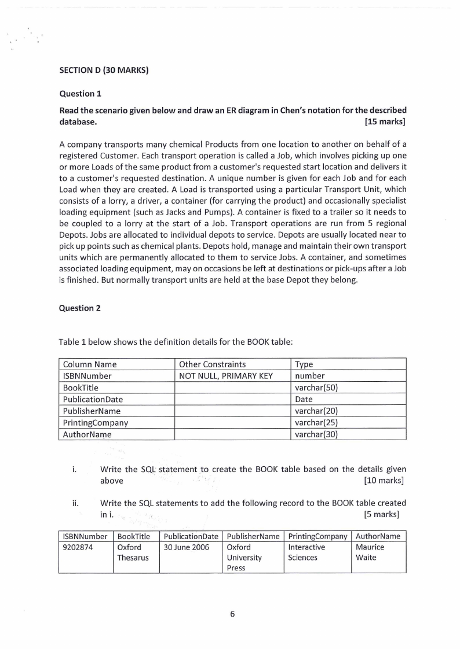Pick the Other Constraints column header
212,364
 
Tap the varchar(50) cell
316,388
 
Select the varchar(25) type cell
316,422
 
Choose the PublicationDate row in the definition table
93,399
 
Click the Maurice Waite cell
370,552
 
